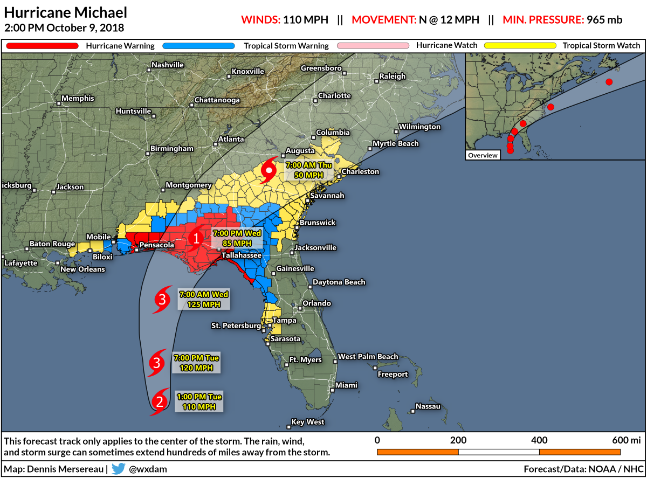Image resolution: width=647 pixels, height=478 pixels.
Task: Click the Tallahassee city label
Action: point(242,255)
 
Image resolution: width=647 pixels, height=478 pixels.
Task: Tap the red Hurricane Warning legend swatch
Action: point(42,46)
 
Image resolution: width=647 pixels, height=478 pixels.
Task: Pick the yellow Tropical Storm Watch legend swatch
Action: point(520,46)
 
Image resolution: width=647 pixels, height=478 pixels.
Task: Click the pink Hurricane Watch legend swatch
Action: point(373,46)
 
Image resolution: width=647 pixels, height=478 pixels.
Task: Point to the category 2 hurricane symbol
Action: point(160,401)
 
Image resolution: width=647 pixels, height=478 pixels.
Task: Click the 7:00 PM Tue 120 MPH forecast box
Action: point(196,363)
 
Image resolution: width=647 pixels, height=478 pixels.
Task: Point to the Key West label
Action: point(307,422)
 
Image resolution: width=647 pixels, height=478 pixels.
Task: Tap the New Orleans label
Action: point(82,269)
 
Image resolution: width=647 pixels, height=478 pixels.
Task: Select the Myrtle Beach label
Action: point(396,144)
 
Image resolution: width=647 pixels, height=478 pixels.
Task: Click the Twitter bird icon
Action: point(119,468)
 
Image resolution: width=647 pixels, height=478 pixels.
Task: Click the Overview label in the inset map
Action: point(483,155)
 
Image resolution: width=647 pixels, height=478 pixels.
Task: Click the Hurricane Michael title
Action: point(66,12)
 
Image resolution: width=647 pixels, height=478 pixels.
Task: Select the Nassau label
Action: point(428,406)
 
